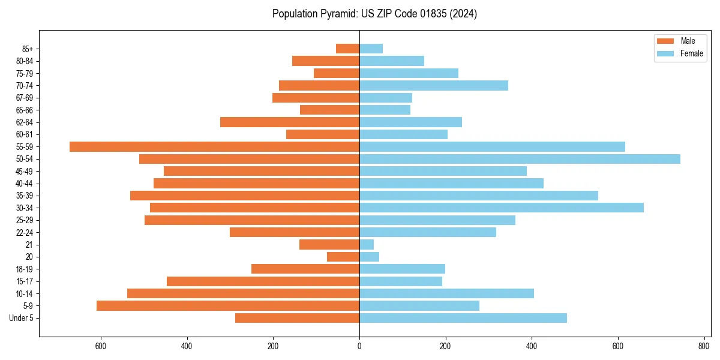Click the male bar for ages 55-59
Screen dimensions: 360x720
point(214,146)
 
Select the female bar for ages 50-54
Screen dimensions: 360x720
point(520,159)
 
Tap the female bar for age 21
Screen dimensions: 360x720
point(367,244)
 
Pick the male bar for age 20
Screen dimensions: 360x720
point(343,257)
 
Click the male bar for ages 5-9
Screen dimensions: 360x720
point(228,305)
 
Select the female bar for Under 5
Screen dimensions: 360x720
point(463,318)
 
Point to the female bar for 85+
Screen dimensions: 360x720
point(371,49)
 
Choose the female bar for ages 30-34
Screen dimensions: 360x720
point(502,208)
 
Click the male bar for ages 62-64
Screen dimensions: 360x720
point(290,122)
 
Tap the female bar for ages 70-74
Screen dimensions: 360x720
point(434,85)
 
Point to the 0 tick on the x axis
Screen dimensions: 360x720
point(359,346)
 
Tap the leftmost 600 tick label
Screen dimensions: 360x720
point(101,346)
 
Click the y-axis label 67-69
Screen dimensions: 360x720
point(24,98)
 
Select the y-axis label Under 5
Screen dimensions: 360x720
point(21,318)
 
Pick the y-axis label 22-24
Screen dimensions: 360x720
point(24,232)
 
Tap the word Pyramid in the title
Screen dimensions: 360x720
point(338,14)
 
